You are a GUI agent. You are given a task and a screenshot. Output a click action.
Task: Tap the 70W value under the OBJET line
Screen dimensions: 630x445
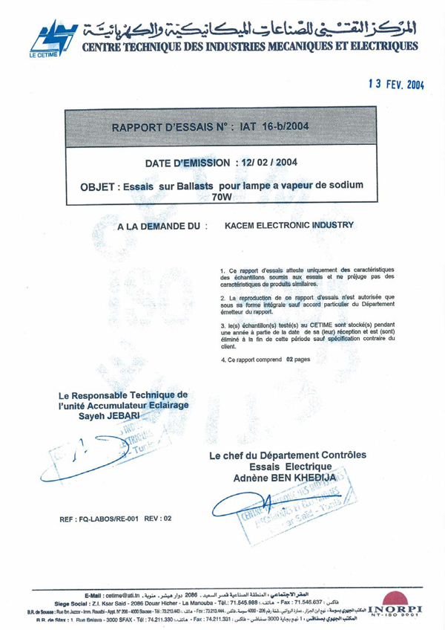tap(222, 198)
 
